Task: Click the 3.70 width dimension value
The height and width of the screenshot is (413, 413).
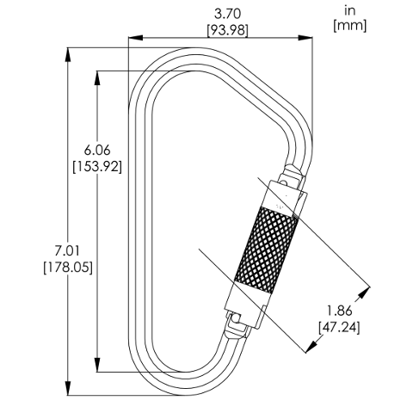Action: (227, 14)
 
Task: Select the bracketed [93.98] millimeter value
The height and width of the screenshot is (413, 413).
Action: (227, 30)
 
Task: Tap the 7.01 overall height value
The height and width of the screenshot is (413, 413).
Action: (68, 251)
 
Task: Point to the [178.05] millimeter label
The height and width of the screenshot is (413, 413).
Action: (68, 268)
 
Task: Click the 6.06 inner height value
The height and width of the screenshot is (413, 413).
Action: (97, 151)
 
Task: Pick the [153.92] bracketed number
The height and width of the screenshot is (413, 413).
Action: (97, 166)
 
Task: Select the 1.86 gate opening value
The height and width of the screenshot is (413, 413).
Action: (339, 311)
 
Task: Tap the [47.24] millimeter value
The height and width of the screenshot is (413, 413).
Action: (339, 327)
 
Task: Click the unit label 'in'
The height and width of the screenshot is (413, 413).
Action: (350, 11)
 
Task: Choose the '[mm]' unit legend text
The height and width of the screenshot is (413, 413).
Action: (350, 26)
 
